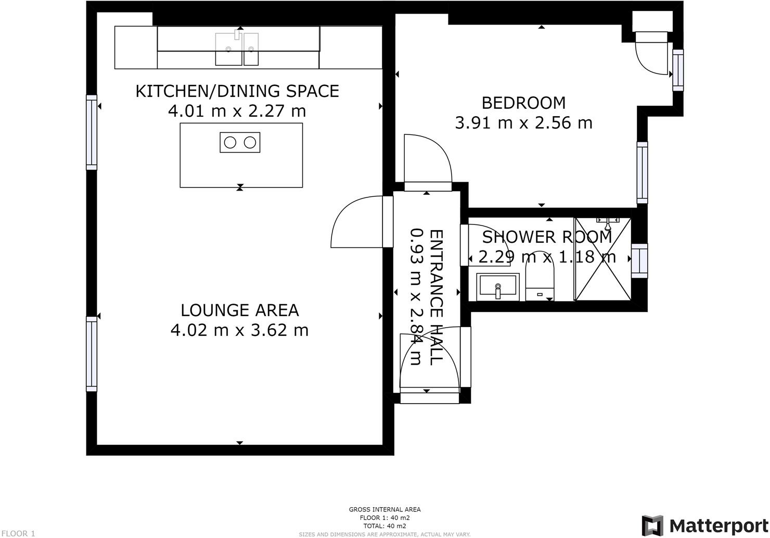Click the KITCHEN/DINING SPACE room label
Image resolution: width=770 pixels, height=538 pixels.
point(237,91)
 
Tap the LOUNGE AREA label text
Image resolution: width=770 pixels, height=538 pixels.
point(239,310)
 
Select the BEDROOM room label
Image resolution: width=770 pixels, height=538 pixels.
point(523,103)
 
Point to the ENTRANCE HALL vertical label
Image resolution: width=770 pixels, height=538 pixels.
point(436,297)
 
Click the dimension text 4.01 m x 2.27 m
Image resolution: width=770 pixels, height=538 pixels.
point(237,111)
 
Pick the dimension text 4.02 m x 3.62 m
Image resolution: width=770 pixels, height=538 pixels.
point(239,330)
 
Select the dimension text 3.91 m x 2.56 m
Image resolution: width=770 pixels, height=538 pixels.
point(523,123)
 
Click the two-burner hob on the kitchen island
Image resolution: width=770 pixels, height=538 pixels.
point(240,142)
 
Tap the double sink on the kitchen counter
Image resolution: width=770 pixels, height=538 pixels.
point(237,49)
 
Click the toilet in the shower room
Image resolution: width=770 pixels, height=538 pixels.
point(541,281)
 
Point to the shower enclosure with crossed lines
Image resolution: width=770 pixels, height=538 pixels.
point(602,259)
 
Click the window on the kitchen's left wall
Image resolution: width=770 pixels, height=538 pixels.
point(92,132)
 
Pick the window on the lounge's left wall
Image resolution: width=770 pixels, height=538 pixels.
point(92,354)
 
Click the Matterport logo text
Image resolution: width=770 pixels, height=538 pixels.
point(717,525)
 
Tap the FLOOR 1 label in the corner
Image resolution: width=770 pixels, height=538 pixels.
point(18,533)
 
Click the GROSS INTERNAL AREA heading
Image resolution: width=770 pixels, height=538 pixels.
point(384,509)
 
